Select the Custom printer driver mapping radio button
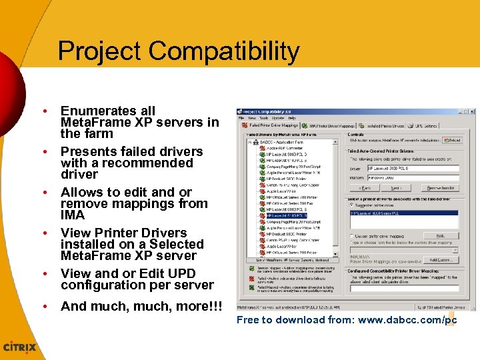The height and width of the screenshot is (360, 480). [x=351, y=236]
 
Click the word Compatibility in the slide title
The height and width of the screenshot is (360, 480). [x=224, y=51]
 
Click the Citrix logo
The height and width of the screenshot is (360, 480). [x=20, y=347]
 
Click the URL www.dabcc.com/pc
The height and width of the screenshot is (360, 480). [x=407, y=321]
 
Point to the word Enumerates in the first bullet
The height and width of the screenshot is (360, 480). [x=107, y=111]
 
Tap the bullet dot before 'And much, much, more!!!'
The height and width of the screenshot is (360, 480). [x=44, y=307]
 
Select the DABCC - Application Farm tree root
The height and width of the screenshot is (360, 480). [x=281, y=141]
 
